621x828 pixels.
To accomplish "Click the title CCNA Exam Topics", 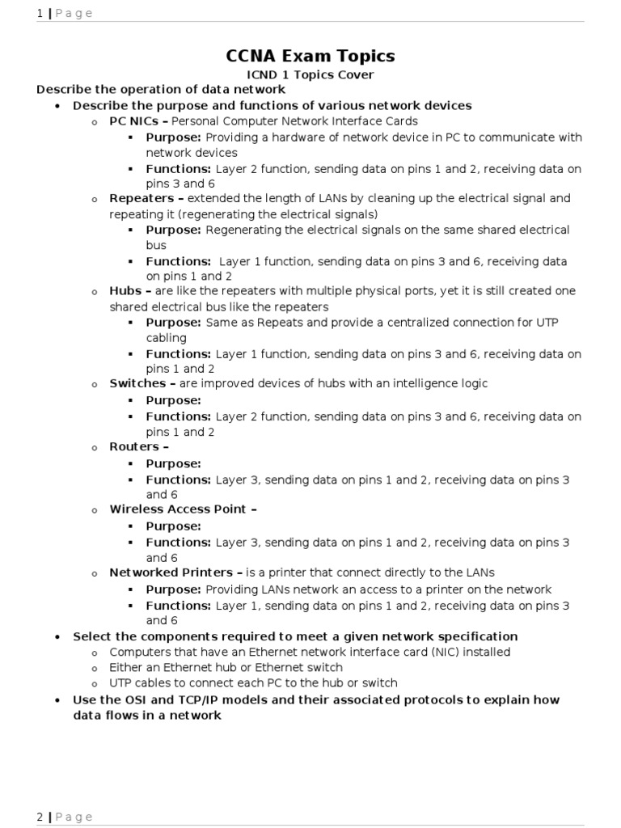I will pos(310,56).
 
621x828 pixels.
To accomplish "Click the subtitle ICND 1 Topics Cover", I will pos(310,75).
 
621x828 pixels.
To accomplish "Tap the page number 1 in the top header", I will pos(40,13).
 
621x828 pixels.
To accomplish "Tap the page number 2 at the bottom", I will pos(40,817).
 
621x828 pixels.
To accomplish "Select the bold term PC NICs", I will pos(133,121).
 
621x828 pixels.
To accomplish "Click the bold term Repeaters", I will pos(142,198).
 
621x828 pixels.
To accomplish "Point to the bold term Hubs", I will pos(125,290).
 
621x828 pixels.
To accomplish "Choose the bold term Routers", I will pos(134,446).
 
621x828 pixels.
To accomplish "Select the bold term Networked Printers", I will pos(171,572).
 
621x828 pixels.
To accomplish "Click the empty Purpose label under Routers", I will pos(173,463).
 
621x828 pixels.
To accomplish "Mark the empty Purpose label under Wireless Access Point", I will pos(173,526).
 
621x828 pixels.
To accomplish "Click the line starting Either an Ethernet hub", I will pos(226,667).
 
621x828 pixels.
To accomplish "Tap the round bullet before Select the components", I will pos(57,637).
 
